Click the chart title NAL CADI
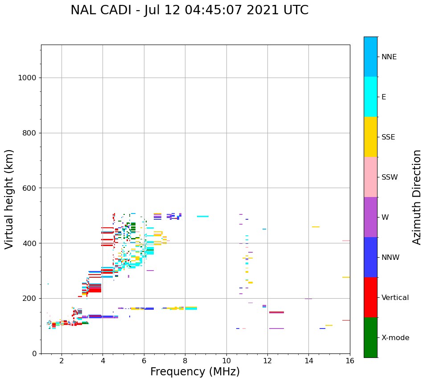pos(189,10)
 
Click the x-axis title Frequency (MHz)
pos(195,372)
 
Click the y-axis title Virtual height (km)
pos(9,199)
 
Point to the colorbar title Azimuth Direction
pos(417,197)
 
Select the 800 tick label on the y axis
pos(29,133)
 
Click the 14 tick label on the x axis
pos(308,361)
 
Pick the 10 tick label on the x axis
pos(226,361)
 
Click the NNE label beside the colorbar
pos(389,57)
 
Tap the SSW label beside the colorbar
pos(389,177)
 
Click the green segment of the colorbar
pos(370,337)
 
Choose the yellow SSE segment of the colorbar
pos(370,137)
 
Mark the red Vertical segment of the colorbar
pos(370,297)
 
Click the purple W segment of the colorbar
pos(370,217)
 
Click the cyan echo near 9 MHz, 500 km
pos(203,217)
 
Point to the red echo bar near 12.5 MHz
pos(276,312)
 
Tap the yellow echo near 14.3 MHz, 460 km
pos(316,227)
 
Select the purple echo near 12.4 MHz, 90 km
pos(276,329)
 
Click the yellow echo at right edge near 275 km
pos(346,277)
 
